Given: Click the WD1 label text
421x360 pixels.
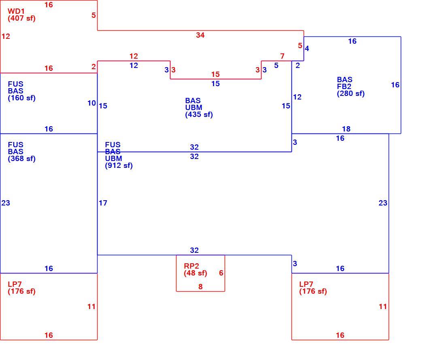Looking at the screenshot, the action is pos(16,11).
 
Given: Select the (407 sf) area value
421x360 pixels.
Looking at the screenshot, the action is pos(21,19).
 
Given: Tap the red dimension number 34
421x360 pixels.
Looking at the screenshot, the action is pos(200,35).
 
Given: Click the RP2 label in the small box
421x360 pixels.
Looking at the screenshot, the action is pos(191,266).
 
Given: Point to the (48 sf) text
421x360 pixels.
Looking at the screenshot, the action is pos(196,273).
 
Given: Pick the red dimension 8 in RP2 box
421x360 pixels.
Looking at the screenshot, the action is pos(200,287).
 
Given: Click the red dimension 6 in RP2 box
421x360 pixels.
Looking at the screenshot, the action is pos(221,273).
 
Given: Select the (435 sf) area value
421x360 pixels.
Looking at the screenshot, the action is pos(199,114).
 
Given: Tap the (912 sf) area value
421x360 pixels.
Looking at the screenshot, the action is pos(119,165).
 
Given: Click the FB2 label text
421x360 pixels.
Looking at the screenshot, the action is pos(344,87).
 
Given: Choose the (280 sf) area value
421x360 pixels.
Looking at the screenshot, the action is pos(351,93).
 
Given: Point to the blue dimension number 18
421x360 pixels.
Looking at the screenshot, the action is pos(346,129).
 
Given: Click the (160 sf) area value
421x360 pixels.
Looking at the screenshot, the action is pos(21,98).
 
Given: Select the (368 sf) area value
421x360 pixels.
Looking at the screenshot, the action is pos(21,159).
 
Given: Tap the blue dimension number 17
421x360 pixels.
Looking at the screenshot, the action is pos(103,203).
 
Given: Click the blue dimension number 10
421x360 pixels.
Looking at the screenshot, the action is pos(91,103).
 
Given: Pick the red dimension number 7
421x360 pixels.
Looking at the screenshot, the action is pos(282,56).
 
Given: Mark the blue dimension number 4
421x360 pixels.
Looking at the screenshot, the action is pos(307,49).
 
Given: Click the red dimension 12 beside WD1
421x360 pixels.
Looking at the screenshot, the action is pos(6,36).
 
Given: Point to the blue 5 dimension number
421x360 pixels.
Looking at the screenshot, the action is pos(276,66).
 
